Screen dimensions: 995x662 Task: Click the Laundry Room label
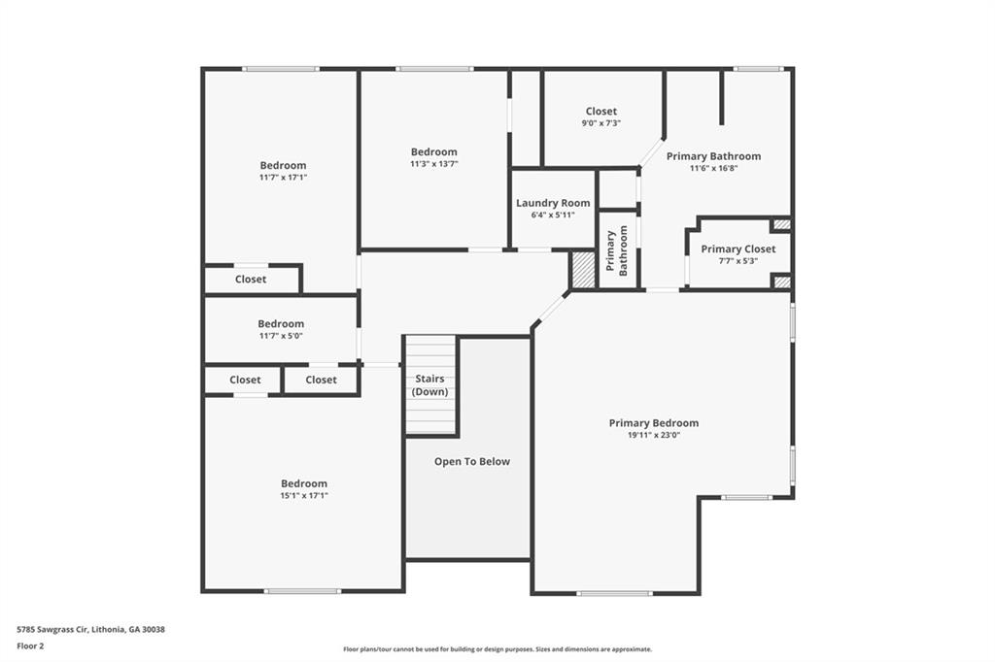coord(553,203)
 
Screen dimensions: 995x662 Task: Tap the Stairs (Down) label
coord(429,385)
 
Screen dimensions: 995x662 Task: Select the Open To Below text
coord(471,462)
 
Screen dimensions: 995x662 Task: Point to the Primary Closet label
coord(738,249)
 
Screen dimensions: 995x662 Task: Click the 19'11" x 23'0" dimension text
coord(654,435)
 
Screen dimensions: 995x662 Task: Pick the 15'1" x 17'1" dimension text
coord(304,495)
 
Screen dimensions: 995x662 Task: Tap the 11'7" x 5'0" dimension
coord(281,336)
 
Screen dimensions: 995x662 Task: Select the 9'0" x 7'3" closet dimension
coord(600,123)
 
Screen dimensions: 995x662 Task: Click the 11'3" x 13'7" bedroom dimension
coord(434,164)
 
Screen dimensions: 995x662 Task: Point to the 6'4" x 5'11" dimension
coord(553,215)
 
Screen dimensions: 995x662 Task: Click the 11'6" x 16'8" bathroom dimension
coord(713,168)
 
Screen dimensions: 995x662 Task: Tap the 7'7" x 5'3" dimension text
coord(738,260)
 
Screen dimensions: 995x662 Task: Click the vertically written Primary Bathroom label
coord(616,250)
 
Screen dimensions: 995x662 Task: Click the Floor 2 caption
coord(30,646)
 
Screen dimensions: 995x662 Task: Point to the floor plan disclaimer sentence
coord(497,649)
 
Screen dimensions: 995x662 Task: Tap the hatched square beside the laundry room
coord(583,270)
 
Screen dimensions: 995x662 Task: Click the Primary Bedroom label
coord(654,423)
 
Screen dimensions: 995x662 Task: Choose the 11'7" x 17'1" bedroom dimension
coord(283,177)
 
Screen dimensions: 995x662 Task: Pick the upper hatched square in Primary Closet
coord(782,224)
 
